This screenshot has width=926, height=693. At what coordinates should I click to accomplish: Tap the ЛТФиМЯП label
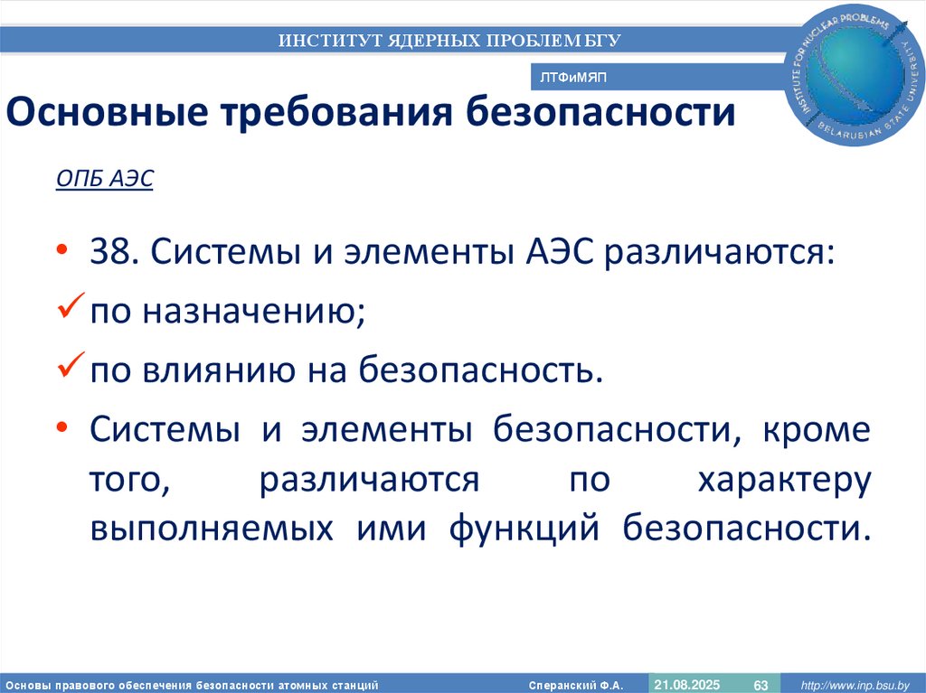pos(573,79)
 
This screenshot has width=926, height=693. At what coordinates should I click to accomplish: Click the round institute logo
pos(853,77)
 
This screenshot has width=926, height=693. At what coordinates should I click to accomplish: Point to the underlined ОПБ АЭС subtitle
pos(105,180)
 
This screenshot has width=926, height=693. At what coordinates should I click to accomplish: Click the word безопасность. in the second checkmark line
pos(480,370)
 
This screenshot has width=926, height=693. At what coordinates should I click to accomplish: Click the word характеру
pos(783,480)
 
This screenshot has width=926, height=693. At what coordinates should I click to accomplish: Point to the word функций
pos(524,529)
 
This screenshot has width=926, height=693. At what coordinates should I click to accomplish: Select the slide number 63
pos(761,685)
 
